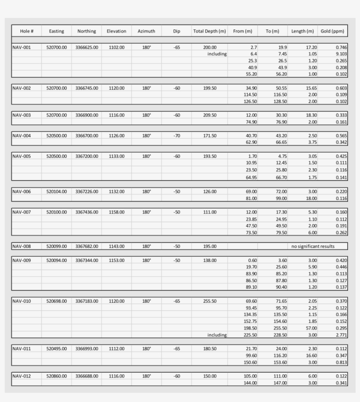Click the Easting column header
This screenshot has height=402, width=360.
(x=56, y=31)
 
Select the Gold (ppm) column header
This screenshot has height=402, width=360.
(x=332, y=31)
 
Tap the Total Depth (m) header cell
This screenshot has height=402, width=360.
(x=209, y=31)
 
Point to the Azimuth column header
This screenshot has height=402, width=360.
(x=146, y=31)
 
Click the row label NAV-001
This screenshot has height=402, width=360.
(x=22, y=47)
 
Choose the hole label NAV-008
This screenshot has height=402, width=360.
(x=22, y=246)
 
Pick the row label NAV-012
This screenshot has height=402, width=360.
(x=22, y=376)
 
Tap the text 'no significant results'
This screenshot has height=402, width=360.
(x=313, y=246)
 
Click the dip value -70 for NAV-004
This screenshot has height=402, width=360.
(x=176, y=136)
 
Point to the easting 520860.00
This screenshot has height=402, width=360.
(x=57, y=376)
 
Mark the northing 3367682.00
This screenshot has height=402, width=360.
(x=86, y=246)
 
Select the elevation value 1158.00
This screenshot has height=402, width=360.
(x=116, y=212)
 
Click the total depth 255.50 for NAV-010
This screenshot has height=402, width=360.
(x=210, y=301)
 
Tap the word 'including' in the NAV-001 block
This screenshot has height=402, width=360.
(x=217, y=54)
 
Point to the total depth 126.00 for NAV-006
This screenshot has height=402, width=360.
(x=210, y=192)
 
